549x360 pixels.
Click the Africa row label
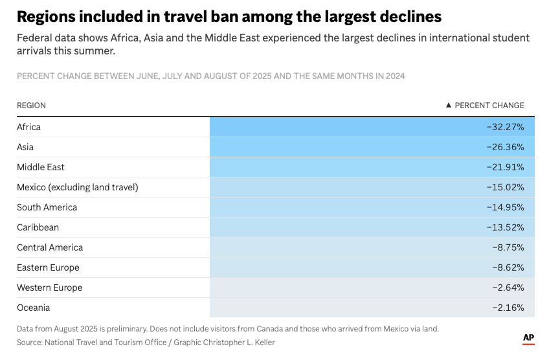pos(28,127)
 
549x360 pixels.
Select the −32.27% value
pos(505,127)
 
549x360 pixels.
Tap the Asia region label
pos(25,147)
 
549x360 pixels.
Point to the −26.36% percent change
pos(505,147)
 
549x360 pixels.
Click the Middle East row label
pos(41,167)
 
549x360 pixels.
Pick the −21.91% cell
pos(505,167)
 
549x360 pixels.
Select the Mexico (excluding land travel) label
pos(78,187)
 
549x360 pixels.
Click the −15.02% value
pos(505,187)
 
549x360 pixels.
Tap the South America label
pos(47,207)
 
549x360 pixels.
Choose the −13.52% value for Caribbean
pos(505,227)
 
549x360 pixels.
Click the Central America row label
pos(50,247)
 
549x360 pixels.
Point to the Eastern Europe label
pos(48,267)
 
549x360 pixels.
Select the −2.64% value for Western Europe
pos(507,287)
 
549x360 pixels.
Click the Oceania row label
pos(33,308)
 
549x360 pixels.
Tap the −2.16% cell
pos(507,308)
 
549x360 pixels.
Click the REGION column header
pos(31,106)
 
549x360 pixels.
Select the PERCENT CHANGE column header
pos(489,106)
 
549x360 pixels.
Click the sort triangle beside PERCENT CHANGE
pos(449,105)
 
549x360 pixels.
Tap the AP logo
pos(528,339)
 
